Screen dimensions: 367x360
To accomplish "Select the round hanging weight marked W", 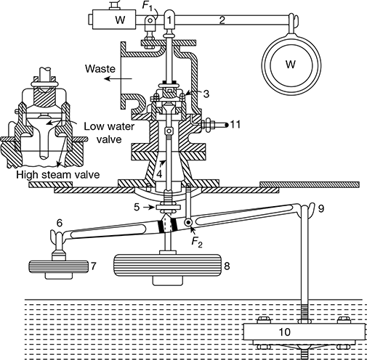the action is [291, 65].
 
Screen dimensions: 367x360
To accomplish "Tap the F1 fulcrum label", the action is [148, 6].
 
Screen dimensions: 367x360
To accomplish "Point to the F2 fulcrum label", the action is [197, 242].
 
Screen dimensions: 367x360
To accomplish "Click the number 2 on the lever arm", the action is [222, 20].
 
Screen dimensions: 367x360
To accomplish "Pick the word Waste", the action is [100, 69].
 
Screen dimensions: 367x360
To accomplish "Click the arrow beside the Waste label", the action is [118, 78].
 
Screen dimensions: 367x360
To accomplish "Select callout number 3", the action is [206, 94].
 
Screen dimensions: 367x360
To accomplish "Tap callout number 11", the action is [235, 125].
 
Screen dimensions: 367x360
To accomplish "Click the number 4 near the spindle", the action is [159, 173].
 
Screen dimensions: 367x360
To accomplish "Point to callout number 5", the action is [137, 207].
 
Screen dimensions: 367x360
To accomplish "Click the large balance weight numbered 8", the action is [168, 266].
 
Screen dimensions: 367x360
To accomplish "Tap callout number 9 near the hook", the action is [321, 208].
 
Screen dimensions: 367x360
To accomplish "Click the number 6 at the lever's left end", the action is [60, 223].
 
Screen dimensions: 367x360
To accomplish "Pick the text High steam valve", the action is [58, 175].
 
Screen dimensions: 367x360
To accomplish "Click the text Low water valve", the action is [109, 133].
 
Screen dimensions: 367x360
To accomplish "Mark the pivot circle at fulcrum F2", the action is [187, 222].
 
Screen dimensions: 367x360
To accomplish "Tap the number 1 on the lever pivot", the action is [169, 20].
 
